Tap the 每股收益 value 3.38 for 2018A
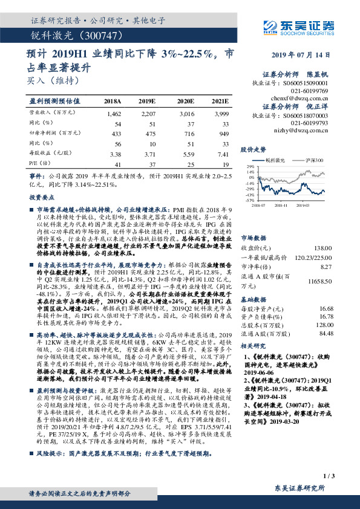pos(113,154)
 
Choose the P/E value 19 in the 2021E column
pos(226,164)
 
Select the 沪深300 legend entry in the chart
pos(315,160)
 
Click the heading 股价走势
pos(254,148)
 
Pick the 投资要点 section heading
pos(38,197)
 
